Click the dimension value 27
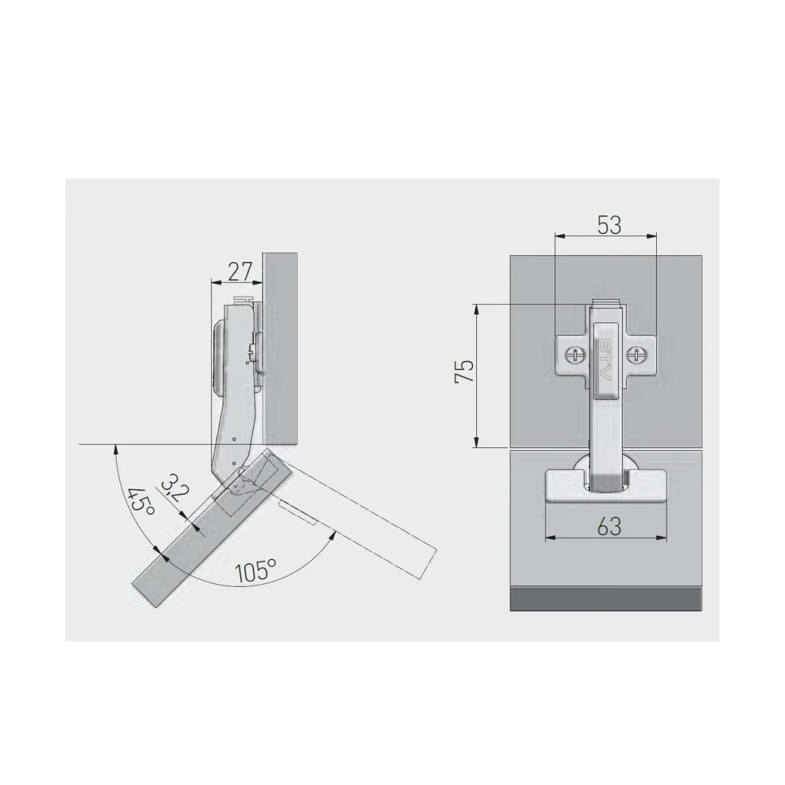point(240,271)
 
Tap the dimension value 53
point(609,225)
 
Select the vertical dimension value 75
point(465,370)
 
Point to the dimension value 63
point(610,527)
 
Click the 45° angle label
point(141,501)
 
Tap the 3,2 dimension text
point(175,487)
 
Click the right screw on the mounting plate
point(635,355)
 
